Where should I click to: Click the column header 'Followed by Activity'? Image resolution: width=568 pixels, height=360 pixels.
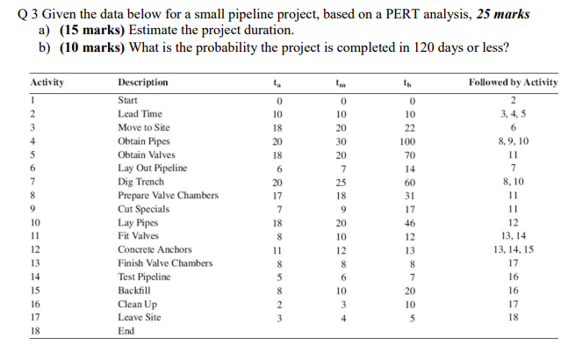click(x=514, y=83)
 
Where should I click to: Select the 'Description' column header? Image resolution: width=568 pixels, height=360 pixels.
click(x=143, y=83)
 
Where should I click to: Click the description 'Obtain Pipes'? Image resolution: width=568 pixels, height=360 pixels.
click(x=145, y=140)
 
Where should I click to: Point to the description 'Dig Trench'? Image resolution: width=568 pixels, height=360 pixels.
click(x=140, y=182)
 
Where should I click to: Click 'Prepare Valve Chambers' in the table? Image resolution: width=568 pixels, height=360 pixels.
click(x=168, y=196)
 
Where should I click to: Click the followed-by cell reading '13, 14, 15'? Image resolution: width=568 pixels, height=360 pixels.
click(x=514, y=250)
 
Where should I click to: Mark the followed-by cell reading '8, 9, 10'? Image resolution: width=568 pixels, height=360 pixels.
click(x=514, y=140)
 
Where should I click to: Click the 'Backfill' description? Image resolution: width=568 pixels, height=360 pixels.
click(x=134, y=291)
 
